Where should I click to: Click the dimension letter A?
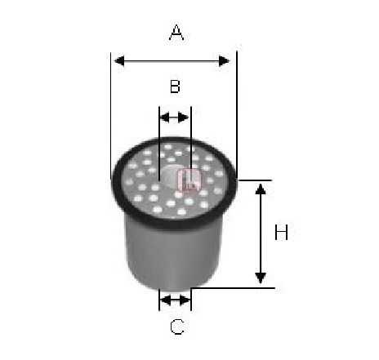click(x=176, y=33)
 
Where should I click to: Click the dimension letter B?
click(x=175, y=87)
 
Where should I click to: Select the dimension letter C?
click(x=177, y=327)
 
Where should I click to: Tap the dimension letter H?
click(x=281, y=233)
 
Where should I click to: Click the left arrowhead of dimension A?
click(x=119, y=61)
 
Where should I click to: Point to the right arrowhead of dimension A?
click(x=224, y=61)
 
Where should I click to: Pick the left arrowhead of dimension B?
click(x=165, y=118)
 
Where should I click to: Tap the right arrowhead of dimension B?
click(x=183, y=118)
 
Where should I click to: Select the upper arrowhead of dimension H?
click(x=261, y=189)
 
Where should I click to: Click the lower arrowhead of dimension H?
click(x=261, y=278)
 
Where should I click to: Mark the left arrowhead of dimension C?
click(x=165, y=300)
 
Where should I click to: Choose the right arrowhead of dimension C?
click(x=185, y=300)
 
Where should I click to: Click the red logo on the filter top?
click(x=189, y=180)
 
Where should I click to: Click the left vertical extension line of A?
click(x=110, y=116)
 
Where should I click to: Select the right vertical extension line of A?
click(x=237, y=115)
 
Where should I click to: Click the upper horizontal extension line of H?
click(x=255, y=180)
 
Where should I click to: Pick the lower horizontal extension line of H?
click(x=233, y=287)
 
